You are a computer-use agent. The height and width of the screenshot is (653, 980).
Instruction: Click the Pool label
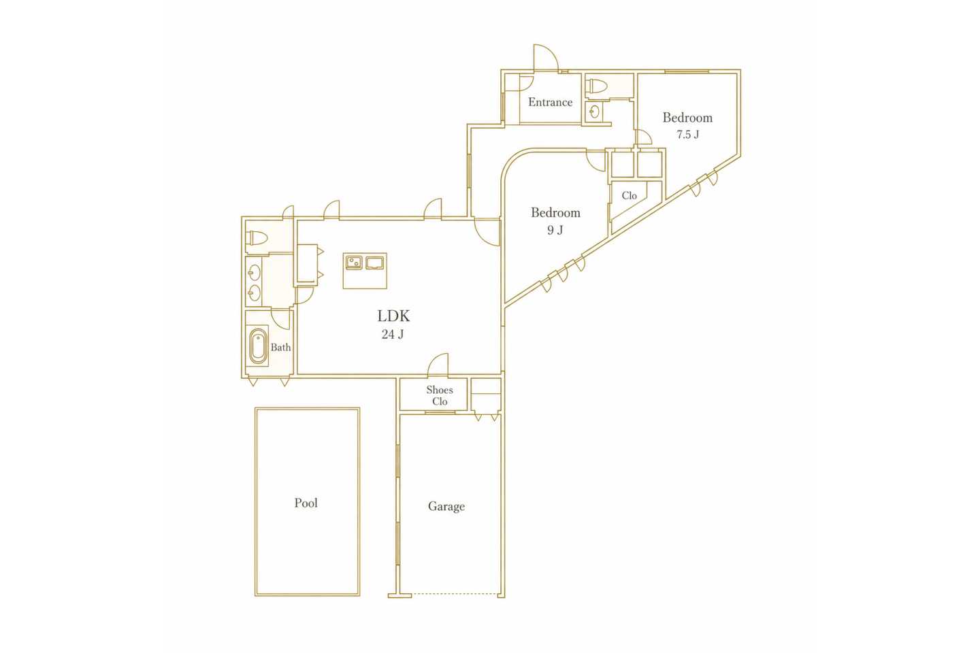(x=306, y=503)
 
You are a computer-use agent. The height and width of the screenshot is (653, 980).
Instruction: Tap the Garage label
(x=446, y=507)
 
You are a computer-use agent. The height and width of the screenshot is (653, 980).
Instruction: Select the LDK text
(x=394, y=316)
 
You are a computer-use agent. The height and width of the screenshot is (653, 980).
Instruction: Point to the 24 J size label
(x=393, y=335)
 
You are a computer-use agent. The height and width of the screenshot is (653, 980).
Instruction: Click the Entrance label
(x=551, y=102)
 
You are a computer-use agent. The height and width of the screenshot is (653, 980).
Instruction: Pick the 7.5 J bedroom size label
(x=688, y=134)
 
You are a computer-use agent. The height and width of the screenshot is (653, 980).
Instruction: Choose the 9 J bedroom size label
(x=555, y=230)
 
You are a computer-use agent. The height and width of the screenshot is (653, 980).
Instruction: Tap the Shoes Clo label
(x=440, y=395)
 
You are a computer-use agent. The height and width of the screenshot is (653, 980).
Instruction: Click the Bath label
(x=280, y=348)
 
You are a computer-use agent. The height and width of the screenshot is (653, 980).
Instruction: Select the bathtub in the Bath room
(x=258, y=346)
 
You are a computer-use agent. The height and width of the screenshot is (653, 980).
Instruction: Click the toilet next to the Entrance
(x=597, y=86)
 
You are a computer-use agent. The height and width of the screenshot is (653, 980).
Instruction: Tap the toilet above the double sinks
(x=257, y=239)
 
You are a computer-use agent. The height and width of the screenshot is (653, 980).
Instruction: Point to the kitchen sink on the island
(x=354, y=263)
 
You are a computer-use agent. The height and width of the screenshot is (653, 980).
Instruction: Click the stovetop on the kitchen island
(x=374, y=263)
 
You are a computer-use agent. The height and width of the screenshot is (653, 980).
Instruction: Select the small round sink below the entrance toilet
(x=594, y=112)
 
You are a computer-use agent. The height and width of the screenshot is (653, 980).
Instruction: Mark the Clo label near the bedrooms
(x=629, y=195)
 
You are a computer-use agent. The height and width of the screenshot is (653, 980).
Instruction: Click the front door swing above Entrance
(x=546, y=58)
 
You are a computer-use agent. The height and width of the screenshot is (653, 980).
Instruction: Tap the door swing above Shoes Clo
(x=438, y=365)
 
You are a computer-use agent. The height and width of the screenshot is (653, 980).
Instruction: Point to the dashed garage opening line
(x=455, y=594)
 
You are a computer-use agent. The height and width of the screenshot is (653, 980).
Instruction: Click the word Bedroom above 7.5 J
(x=687, y=117)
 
